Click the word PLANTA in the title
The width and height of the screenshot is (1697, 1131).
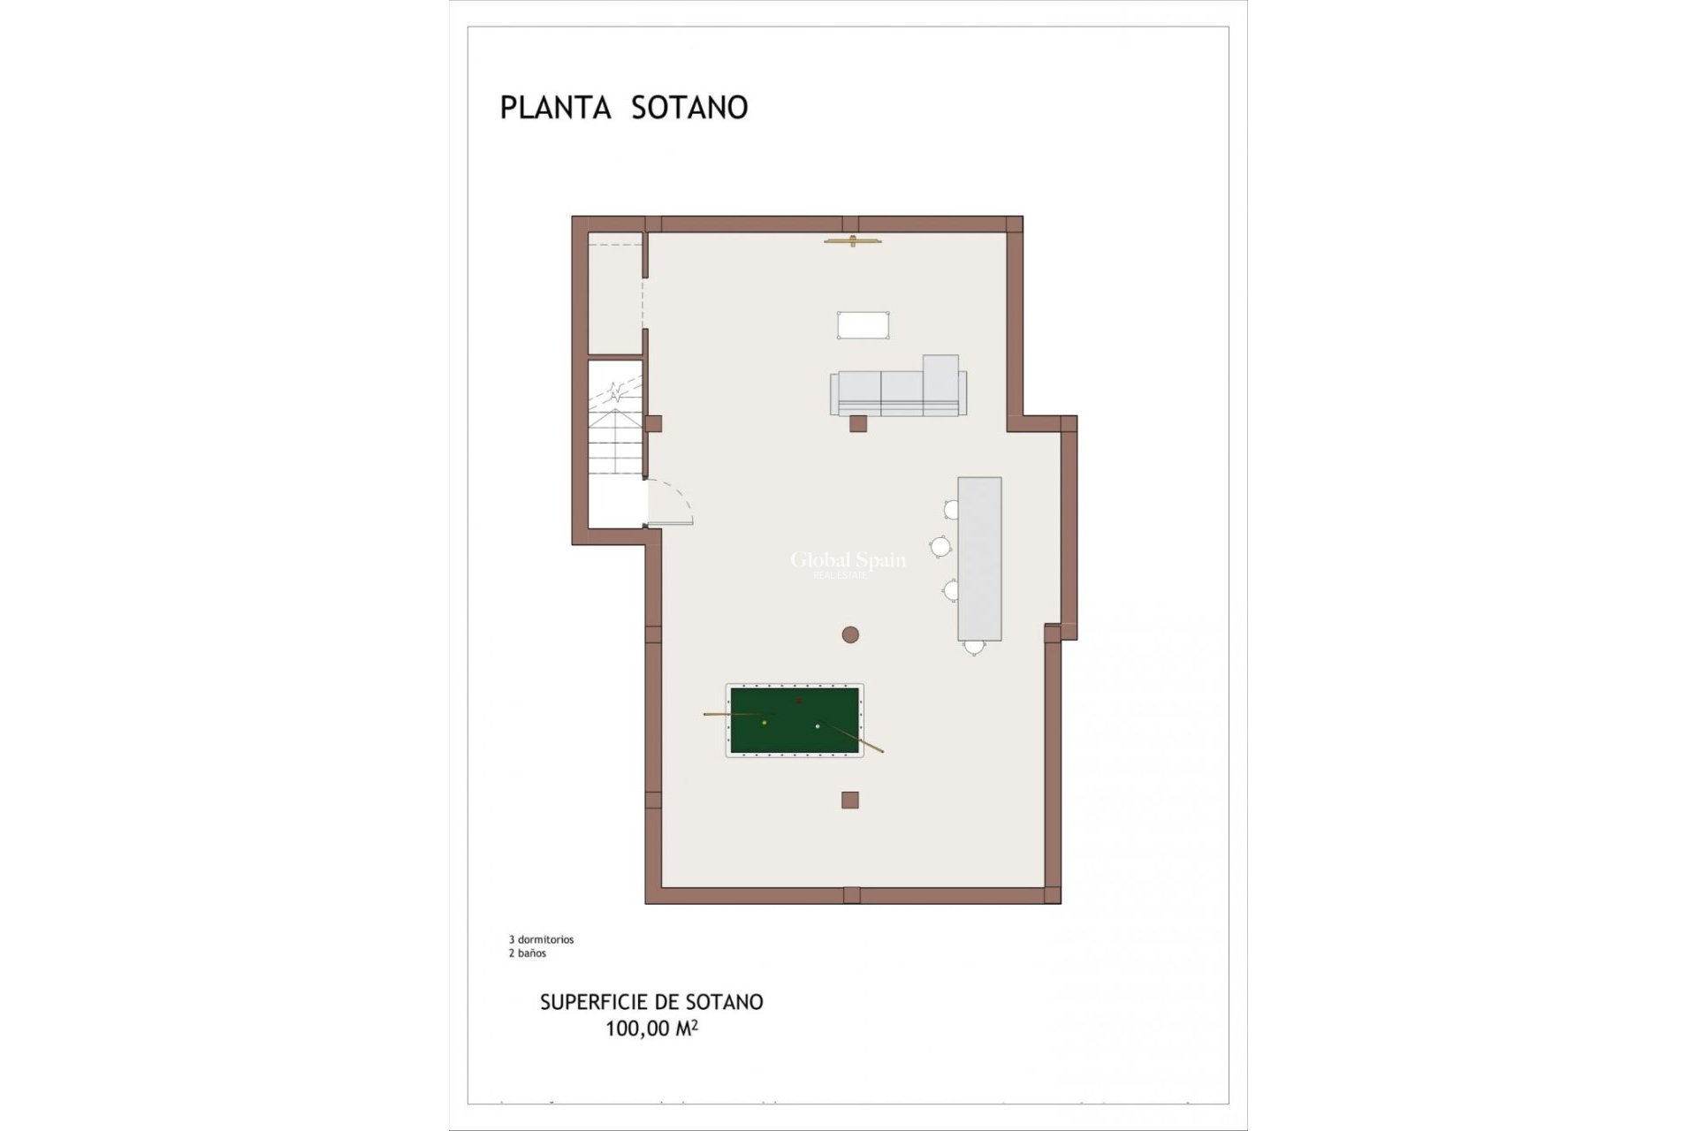pyautogui.click(x=555, y=108)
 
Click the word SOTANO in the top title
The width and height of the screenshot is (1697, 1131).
pyautogui.click(x=689, y=108)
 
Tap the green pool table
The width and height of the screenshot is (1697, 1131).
pyautogui.click(x=794, y=720)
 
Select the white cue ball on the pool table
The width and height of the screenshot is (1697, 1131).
pyautogui.click(x=818, y=726)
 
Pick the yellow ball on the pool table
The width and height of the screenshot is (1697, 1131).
pyautogui.click(x=765, y=723)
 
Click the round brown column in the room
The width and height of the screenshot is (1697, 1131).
pyautogui.click(x=850, y=634)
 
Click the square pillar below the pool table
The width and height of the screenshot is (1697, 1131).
pyautogui.click(x=850, y=800)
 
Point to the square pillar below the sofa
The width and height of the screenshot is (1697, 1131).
pyautogui.click(x=857, y=423)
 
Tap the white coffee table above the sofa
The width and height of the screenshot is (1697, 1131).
pyautogui.click(x=864, y=325)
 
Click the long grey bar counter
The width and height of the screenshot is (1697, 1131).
pyautogui.click(x=979, y=558)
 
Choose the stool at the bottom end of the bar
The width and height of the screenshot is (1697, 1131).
pyautogui.click(x=974, y=648)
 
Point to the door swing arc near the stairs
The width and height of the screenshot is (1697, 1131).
pyautogui.click(x=672, y=501)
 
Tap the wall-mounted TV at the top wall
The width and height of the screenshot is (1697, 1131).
pyautogui.click(x=853, y=240)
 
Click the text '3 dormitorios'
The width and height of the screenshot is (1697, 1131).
pyautogui.click(x=541, y=940)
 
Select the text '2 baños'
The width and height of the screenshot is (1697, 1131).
pyautogui.click(x=528, y=953)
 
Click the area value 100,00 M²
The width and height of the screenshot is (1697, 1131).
pyautogui.click(x=651, y=1029)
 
